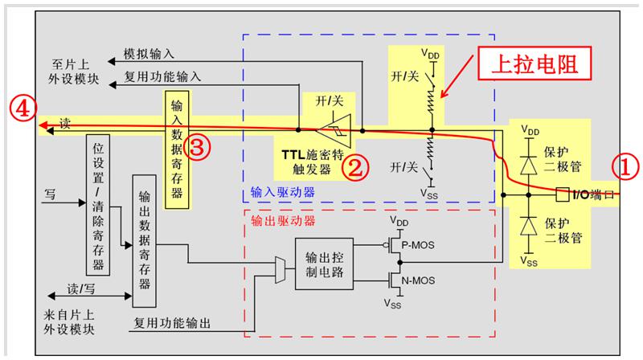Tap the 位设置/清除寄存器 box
click(97, 205)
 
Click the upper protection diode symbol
click(527, 164)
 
